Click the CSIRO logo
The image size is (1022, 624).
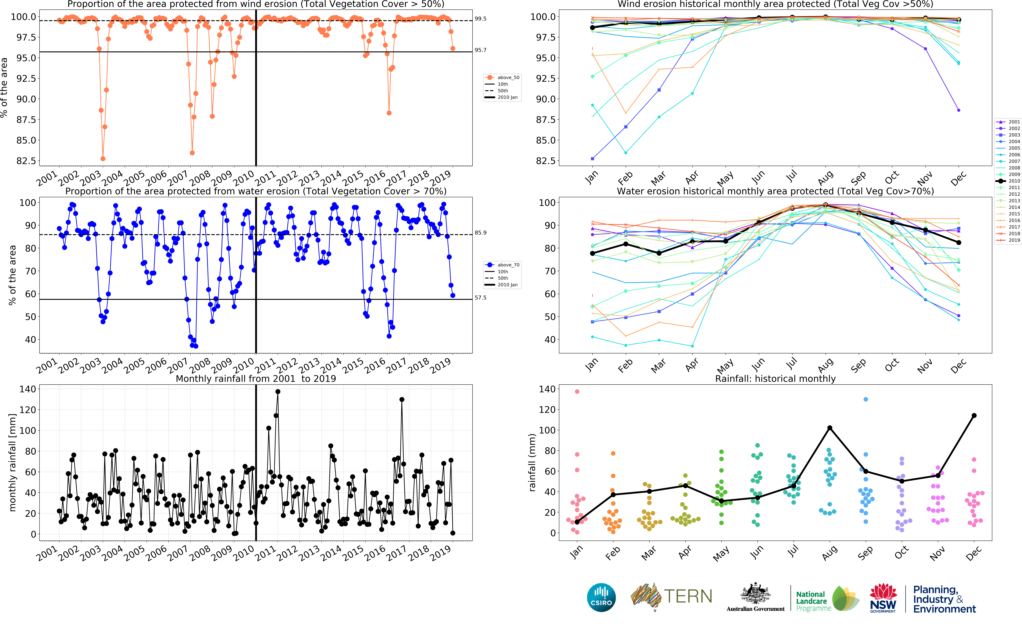tap(601, 597)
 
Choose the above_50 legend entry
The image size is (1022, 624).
tap(502, 77)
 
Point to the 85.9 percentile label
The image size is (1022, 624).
tap(480, 233)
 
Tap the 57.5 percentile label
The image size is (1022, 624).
tap(480, 298)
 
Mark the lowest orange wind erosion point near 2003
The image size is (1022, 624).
tap(103, 159)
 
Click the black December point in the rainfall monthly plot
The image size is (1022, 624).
tap(974, 415)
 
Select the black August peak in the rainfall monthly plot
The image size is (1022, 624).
tap(830, 428)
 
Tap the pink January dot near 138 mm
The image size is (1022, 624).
tap(577, 391)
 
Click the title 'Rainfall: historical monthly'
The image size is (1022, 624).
tap(775, 379)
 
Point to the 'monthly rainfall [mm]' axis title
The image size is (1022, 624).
tap(12, 462)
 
